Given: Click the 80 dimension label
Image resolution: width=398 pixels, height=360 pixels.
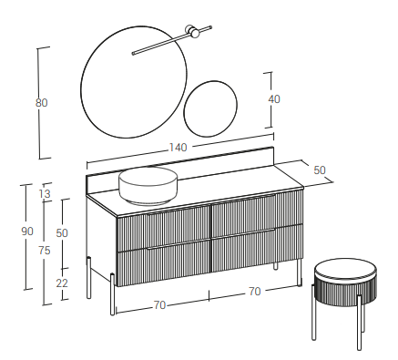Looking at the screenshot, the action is pos(41,103).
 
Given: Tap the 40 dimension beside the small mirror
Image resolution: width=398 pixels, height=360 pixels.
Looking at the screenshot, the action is pos(274,99).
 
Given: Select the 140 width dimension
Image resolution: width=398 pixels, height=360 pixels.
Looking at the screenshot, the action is pos(178,148).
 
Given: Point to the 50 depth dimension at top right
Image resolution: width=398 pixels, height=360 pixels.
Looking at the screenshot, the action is pos(320,170).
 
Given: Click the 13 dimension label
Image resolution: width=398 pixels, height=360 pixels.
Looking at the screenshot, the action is pos(45,193).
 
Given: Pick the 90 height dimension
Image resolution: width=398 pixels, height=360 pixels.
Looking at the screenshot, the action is pos(27,231).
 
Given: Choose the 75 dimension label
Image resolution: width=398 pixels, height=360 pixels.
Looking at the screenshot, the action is pos(45,251).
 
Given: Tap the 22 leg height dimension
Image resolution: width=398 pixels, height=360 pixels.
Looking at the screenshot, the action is pos(62,283).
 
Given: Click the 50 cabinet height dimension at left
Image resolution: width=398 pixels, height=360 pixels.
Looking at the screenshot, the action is pos(62,233).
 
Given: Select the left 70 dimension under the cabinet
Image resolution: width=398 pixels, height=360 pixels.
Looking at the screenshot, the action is pos(159,304).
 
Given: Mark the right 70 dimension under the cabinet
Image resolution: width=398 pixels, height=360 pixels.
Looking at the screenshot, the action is pos(255,292).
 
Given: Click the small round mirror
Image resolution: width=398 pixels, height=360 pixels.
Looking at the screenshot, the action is pos(210,108).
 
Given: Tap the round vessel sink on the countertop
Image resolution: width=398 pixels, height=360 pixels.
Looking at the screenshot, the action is pos(148,185).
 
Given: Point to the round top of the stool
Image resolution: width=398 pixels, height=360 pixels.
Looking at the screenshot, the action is pos(345,269).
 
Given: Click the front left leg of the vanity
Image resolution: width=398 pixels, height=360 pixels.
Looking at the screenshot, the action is pos(112,294).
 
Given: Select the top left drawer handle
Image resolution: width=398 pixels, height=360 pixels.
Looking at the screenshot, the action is pos(178,211).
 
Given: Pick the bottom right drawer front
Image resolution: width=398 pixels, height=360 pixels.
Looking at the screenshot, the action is pos(257,249).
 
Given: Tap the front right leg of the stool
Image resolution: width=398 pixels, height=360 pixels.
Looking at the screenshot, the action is pos(359,323).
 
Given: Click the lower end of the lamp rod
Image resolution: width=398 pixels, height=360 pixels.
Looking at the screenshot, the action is pos(133,54).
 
